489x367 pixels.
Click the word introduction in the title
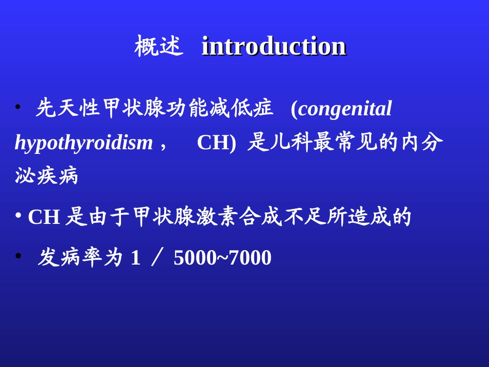(274, 46)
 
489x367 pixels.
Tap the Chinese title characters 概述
(159, 46)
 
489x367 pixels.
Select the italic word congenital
(345, 109)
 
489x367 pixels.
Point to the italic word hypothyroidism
(83, 143)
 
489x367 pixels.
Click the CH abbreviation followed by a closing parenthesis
(216, 143)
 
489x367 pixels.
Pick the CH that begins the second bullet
(44, 217)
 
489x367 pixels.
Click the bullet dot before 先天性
(18, 107)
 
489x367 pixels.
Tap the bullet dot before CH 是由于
(19, 215)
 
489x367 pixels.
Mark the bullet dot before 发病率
(19, 256)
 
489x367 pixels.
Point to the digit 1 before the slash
(136, 257)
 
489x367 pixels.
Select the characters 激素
(216, 216)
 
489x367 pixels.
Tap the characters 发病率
(69, 257)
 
